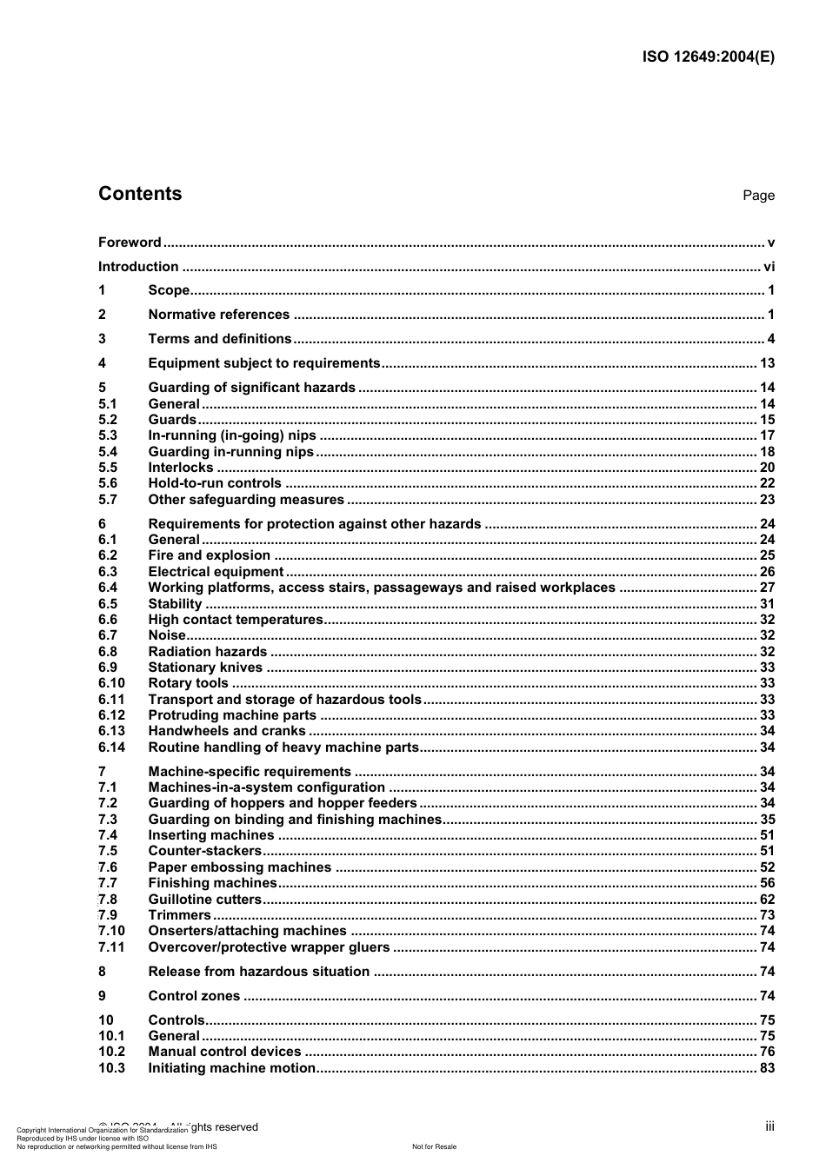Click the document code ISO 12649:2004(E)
(708, 57)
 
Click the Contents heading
(140, 194)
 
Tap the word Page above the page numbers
(758, 196)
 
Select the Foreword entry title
(130, 242)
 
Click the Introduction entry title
(138, 267)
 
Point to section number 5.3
(108, 435)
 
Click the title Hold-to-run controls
(215, 483)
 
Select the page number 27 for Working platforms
(767, 588)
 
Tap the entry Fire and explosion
(210, 555)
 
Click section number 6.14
(111, 747)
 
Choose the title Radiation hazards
(208, 652)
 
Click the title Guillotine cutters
(204, 900)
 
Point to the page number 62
(767, 900)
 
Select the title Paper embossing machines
(240, 867)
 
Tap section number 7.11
(111, 947)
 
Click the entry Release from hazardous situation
(259, 972)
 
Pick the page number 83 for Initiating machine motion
(767, 1068)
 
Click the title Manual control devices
(225, 1052)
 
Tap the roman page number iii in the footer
(769, 1126)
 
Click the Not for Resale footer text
(434, 1146)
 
